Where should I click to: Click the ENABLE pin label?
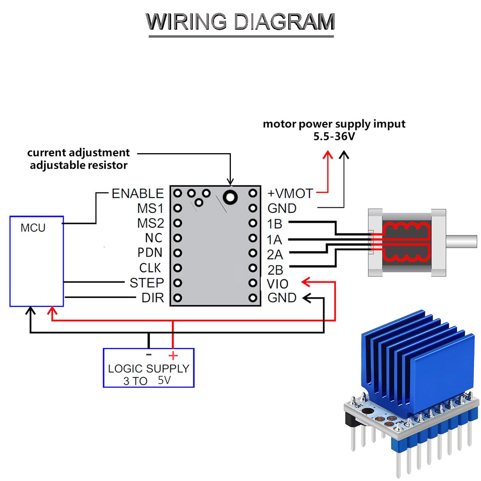coord(137,194)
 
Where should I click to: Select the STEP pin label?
coord(147,283)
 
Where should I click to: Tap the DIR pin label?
coord(153,298)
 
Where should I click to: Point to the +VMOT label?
coord(290,194)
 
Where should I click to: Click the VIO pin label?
coord(277,284)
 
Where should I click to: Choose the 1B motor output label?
coord(275,224)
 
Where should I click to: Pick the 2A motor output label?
coord(275,255)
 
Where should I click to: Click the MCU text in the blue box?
coord(33,228)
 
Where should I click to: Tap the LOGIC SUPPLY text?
coord(148,369)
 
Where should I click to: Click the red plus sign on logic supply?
coord(173,356)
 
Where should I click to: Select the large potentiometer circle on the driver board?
coord(230,196)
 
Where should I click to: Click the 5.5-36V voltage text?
coord(334,137)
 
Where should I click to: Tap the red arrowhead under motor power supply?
coord(328,154)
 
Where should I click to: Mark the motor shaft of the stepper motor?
coord(461,241)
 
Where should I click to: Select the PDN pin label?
coord(150,253)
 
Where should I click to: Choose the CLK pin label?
coord(150,268)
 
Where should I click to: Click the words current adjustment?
coord(78,153)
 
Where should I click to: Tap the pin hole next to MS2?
coord(178,223)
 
